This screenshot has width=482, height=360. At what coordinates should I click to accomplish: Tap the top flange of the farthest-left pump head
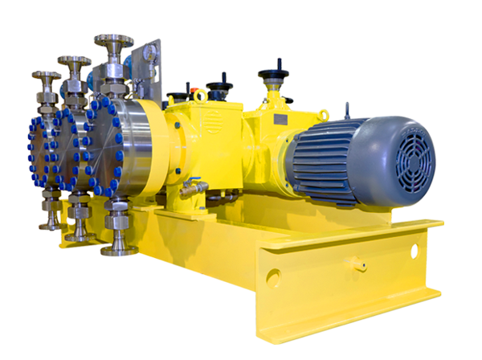[45, 78]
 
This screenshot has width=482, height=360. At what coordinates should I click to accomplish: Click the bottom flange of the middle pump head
[79, 235]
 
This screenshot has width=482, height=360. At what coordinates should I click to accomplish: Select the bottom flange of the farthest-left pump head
[50, 224]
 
